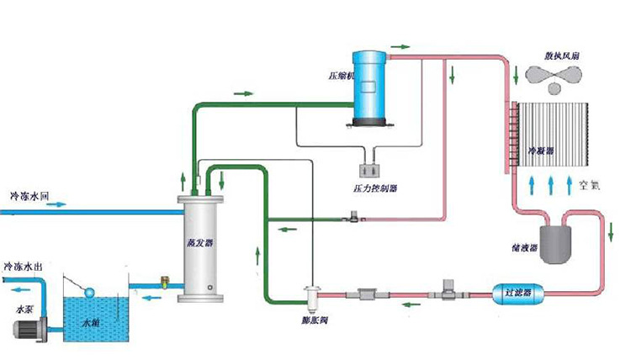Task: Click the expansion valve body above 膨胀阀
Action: [313, 295]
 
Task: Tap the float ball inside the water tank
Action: [88, 292]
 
